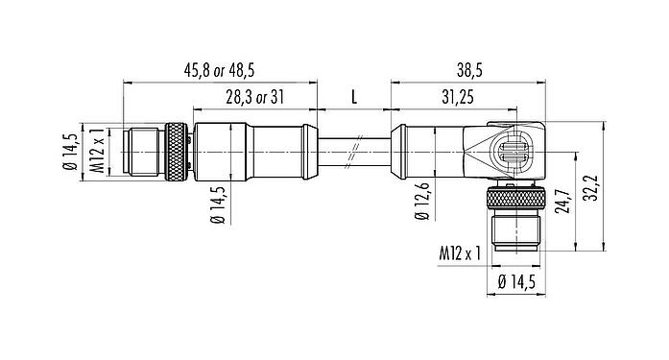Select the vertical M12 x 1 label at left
click(x=96, y=151)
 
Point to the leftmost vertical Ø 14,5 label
click(x=70, y=151)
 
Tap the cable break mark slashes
click(x=353, y=151)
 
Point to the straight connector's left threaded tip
click(x=142, y=151)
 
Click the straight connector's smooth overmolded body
click(x=254, y=151)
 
